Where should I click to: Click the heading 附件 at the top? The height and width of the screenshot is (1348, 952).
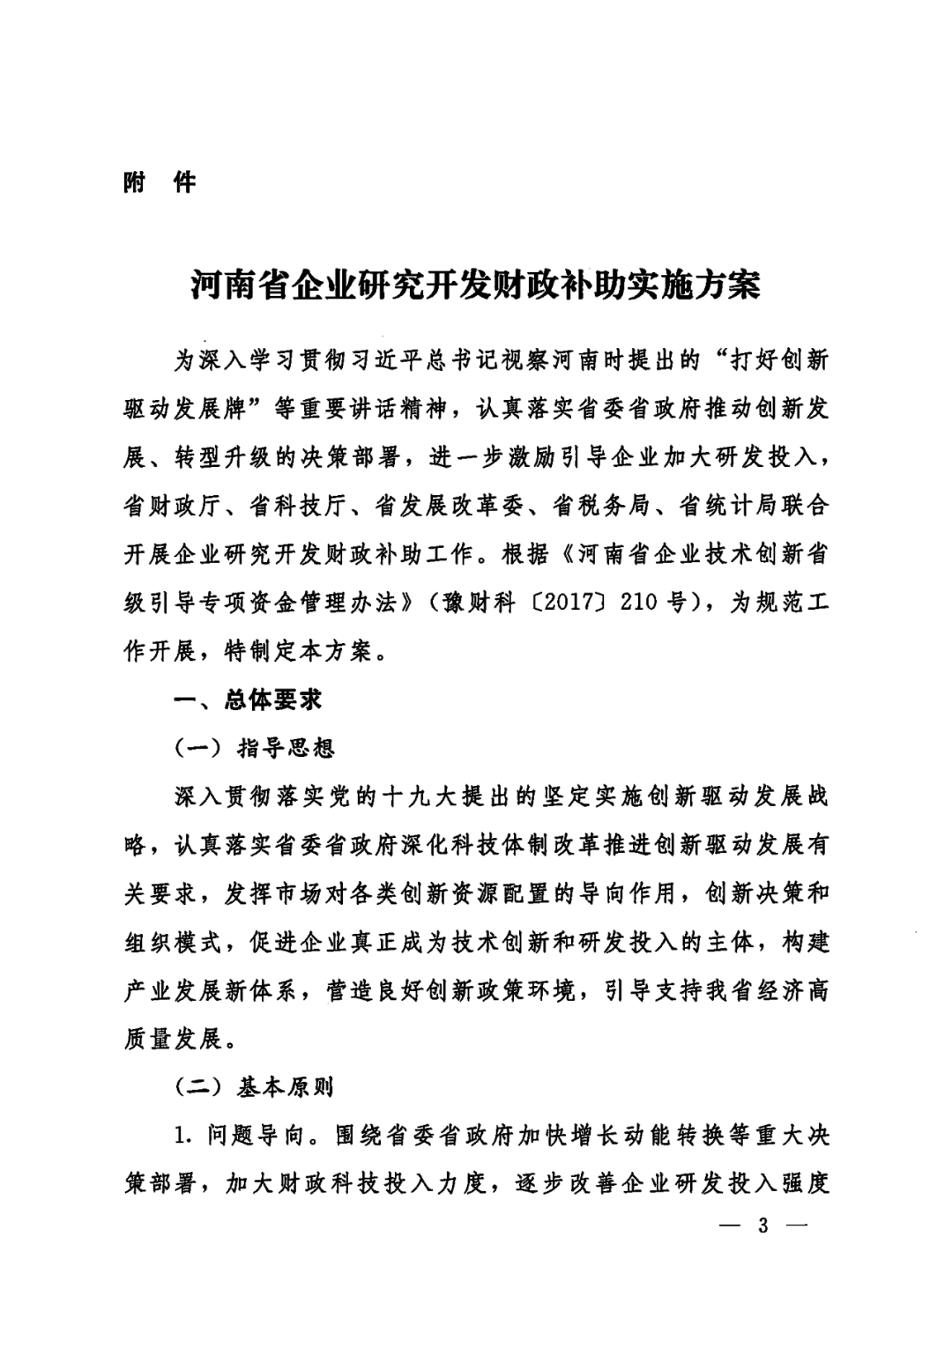point(160,183)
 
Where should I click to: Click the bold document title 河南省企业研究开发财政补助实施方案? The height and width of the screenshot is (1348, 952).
point(476,285)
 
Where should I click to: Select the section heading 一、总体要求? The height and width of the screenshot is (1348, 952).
point(249,700)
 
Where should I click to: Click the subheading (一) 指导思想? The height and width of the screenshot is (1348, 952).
point(255,749)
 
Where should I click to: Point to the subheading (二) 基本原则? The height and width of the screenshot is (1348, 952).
point(255,1087)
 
